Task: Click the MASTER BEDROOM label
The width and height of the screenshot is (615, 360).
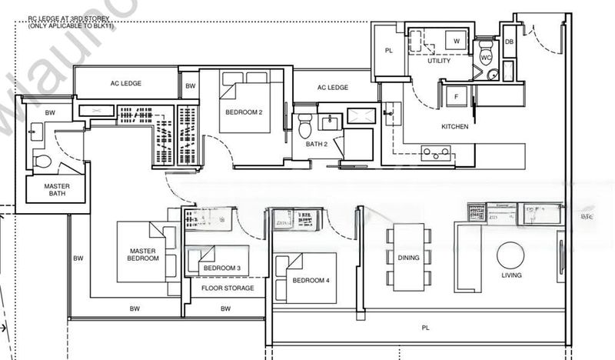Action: point(143,254)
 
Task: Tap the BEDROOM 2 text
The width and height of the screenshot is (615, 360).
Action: point(244,112)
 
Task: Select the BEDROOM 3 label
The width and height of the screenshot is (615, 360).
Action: point(221,268)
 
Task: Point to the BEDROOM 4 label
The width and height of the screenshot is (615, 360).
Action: point(311,281)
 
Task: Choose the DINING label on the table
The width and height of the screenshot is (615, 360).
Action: point(409,258)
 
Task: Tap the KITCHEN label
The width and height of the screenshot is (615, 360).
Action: point(454,126)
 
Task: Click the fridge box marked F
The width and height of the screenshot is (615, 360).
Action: point(457,97)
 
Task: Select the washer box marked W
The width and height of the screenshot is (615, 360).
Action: point(456,41)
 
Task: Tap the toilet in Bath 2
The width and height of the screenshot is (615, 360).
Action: point(305,125)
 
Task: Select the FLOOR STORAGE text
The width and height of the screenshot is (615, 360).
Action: point(224,289)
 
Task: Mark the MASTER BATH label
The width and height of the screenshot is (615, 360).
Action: point(45,189)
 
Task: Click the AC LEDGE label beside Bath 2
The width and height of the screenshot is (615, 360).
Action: point(333,88)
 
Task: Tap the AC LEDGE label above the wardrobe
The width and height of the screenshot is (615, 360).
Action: point(125,82)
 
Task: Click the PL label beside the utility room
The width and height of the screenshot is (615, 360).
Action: point(389,52)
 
